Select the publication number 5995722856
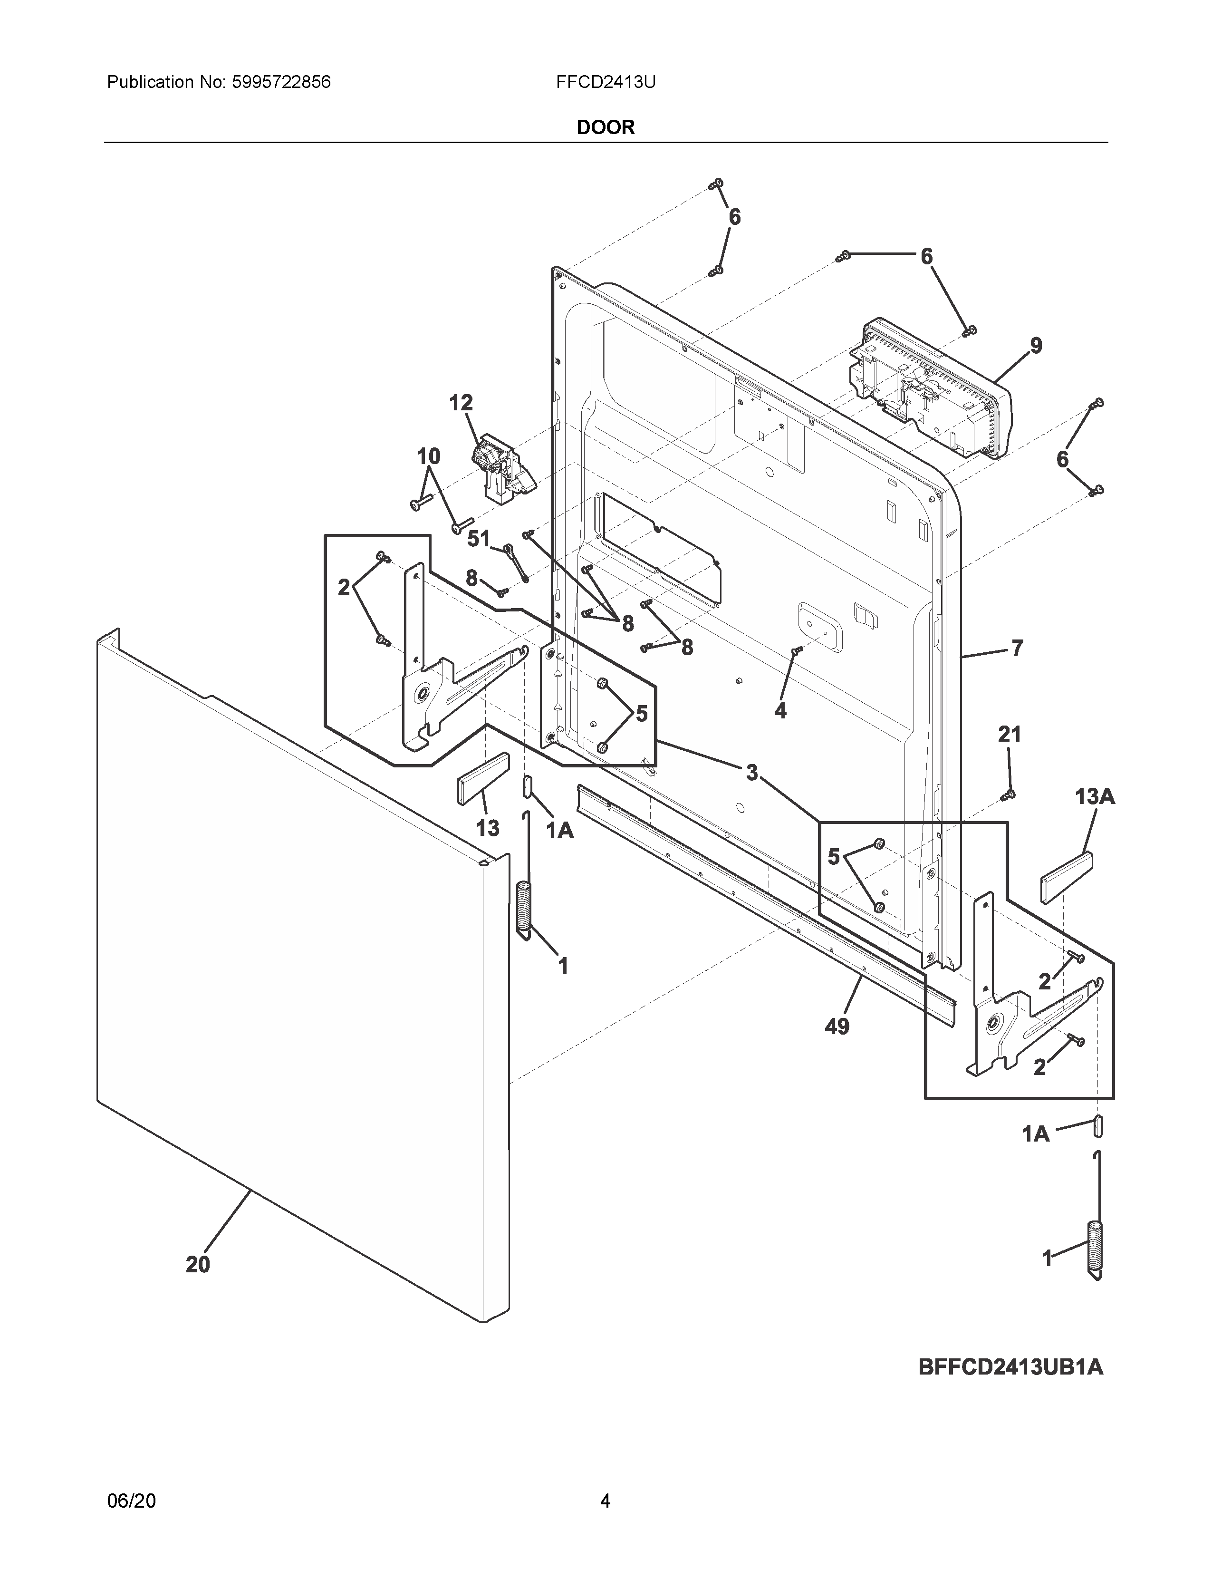tap(281, 82)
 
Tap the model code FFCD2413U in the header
tap(605, 82)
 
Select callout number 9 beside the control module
tap(1035, 346)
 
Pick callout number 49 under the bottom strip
tap(837, 1027)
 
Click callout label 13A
tap(1094, 796)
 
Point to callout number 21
tap(1009, 734)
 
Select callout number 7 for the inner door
tap(1017, 648)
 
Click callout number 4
tap(780, 710)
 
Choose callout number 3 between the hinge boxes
tap(751, 773)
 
